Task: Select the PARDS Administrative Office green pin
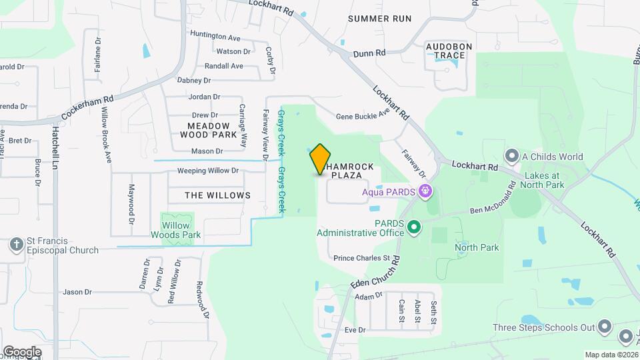point(414,228)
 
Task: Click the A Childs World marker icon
point(512,157)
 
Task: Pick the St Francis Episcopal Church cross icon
point(17,245)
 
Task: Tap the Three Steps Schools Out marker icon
point(605,327)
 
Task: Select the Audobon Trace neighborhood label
point(449,50)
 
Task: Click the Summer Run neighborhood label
point(379,19)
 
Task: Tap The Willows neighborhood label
point(208,195)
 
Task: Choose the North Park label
point(477,247)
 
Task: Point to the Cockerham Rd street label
point(88,107)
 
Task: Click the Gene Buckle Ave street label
point(362,115)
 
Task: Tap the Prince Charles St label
point(361,258)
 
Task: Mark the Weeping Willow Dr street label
point(207,171)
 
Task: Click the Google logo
point(22,351)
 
